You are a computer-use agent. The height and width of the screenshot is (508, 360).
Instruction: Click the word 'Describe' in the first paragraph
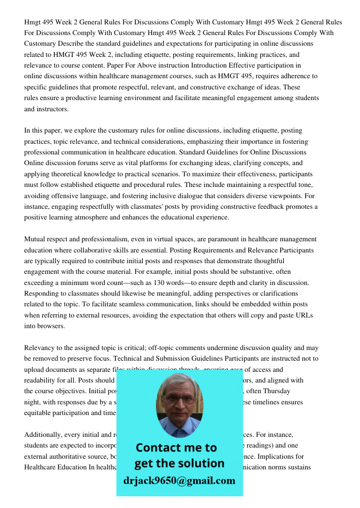click(68, 44)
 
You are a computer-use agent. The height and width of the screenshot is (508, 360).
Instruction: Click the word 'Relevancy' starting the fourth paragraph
click(40, 348)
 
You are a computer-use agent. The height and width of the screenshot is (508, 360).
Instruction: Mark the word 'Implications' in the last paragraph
click(290, 457)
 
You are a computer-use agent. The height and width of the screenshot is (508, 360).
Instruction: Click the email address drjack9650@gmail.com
click(179, 481)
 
